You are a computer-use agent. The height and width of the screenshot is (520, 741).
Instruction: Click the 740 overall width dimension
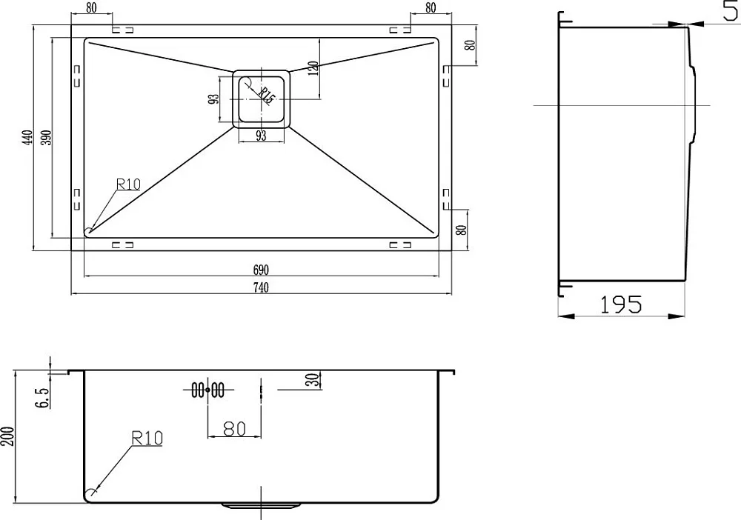(261, 287)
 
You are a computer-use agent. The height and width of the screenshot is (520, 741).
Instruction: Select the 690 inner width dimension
(261, 270)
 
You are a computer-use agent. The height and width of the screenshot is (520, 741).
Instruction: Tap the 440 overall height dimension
(28, 138)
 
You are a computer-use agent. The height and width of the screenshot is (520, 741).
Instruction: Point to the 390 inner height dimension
(46, 138)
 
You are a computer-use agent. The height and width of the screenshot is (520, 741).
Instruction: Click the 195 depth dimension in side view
(621, 304)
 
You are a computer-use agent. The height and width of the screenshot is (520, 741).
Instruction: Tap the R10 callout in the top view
(128, 184)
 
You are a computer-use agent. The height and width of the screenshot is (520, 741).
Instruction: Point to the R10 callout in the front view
(147, 439)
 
